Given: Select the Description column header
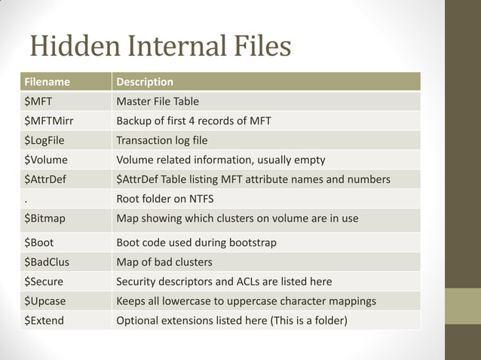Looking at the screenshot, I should tap(145, 81).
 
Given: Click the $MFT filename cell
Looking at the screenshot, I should tap(38, 101).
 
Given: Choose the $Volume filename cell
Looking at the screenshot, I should tap(46, 160).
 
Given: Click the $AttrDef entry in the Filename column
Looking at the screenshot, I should tap(46, 179).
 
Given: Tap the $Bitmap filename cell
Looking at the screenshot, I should tap(45, 218).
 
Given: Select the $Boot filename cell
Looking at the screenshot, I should tap(40, 243).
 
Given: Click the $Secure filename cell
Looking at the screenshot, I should tap(44, 282).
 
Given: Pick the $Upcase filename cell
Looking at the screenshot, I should tap(45, 301).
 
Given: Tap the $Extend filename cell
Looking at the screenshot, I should tap(44, 321).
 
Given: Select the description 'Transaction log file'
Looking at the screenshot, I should tap(162, 140).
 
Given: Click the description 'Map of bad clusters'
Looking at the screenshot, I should tap(164, 262).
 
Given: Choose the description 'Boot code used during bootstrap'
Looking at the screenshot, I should tap(197, 243).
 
